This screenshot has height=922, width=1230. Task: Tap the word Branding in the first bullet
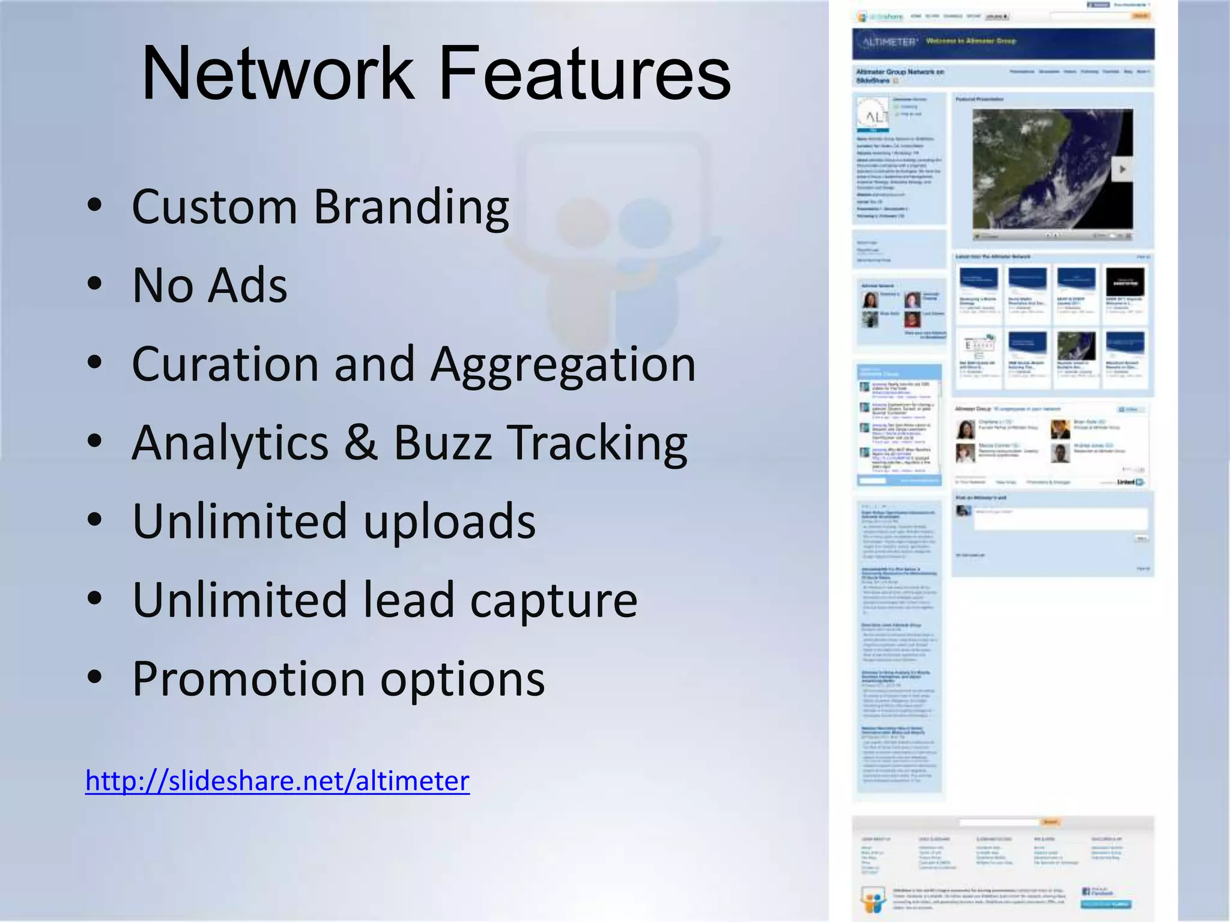(x=411, y=208)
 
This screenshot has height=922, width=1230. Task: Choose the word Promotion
(x=249, y=678)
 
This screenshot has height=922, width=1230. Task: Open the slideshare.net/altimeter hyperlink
(x=277, y=781)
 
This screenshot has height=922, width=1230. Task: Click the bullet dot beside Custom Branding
(x=94, y=205)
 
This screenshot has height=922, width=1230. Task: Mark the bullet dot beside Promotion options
(x=94, y=677)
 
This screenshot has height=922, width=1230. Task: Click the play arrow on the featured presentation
(x=1122, y=170)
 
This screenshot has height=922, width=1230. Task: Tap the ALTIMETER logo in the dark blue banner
(x=890, y=42)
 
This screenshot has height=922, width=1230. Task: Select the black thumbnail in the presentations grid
(x=1125, y=281)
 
